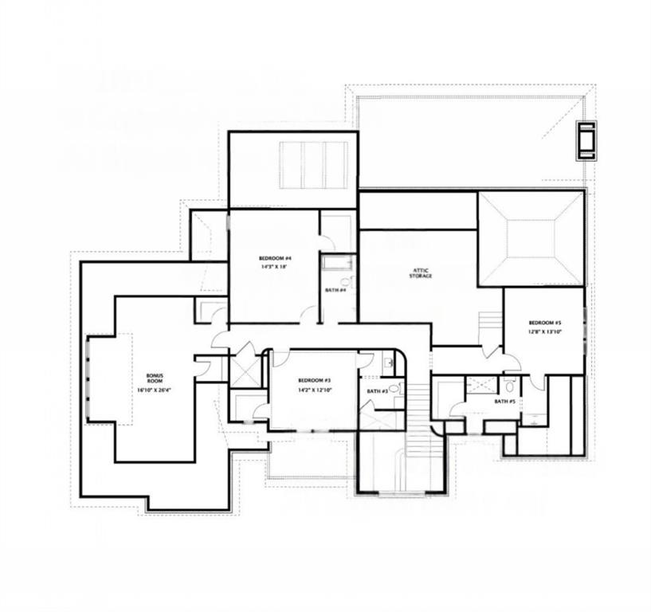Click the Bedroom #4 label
(x=275, y=259)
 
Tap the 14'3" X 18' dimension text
(x=275, y=269)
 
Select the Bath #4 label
(x=335, y=289)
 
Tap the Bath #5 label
(x=504, y=401)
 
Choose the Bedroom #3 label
(x=315, y=381)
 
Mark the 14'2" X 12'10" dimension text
(x=315, y=390)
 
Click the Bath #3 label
(x=377, y=390)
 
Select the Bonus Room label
(x=155, y=379)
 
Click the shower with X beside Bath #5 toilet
(x=480, y=386)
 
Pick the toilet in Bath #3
(x=387, y=363)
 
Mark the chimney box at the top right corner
(x=588, y=139)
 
